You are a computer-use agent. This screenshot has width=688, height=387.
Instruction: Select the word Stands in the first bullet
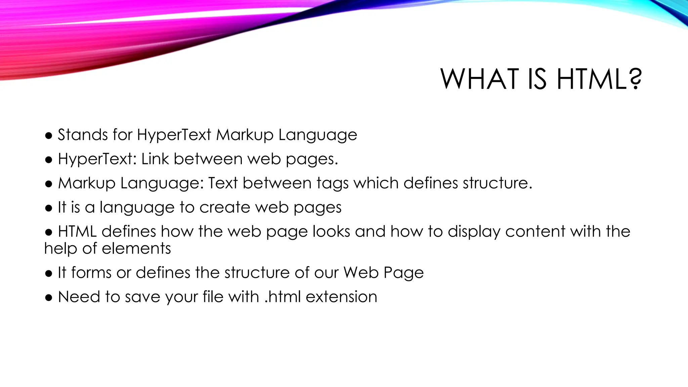click(x=83, y=135)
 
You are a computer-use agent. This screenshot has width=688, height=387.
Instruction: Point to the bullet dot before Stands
click(x=49, y=136)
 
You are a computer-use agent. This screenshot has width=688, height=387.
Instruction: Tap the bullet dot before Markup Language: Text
click(x=49, y=184)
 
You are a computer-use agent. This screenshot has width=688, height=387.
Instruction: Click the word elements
click(x=136, y=249)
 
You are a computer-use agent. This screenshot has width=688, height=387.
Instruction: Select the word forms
click(x=91, y=272)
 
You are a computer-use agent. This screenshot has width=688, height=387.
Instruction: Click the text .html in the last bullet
click(x=283, y=297)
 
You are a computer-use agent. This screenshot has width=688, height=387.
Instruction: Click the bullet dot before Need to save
click(x=49, y=298)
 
